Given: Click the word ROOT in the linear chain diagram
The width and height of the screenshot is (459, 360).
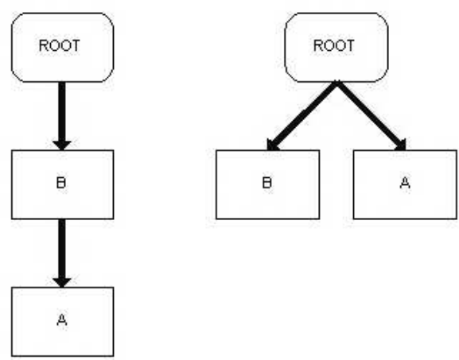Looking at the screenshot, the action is point(59,45).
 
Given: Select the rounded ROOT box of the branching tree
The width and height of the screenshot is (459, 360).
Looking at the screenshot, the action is point(336,48).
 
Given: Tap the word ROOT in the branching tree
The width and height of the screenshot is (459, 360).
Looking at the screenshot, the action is point(334,45).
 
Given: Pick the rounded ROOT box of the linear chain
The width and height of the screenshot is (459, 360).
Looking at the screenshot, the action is point(62,48).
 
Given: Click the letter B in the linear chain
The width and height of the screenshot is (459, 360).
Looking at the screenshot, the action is point(61,183).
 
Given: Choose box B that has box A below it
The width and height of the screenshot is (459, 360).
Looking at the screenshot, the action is point(62,184).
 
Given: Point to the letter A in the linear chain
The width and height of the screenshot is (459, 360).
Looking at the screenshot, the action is point(62,319).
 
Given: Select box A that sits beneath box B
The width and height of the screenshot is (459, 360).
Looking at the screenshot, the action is point(62,322).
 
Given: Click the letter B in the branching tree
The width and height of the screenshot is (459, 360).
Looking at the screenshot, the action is point(267,183).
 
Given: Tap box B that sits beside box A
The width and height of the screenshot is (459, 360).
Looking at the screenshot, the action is point(267,184).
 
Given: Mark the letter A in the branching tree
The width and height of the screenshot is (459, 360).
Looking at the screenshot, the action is point(405,183).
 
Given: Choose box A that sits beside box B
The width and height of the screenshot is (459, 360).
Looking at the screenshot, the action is point(405,184).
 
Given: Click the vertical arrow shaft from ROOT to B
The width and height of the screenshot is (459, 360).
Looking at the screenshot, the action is point(62,112).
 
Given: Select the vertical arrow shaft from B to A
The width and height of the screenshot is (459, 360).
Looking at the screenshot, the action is point(62,249).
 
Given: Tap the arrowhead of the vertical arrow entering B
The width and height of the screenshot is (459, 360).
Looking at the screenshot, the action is point(62,145).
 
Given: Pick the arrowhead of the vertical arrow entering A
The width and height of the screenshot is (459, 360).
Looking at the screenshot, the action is point(62,282).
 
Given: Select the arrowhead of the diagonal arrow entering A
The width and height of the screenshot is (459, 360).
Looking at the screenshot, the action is point(402,145).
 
